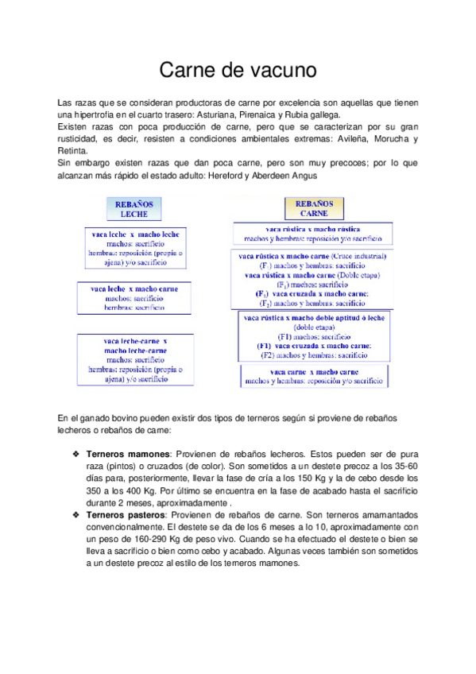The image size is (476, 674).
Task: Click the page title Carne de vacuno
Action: [238, 71]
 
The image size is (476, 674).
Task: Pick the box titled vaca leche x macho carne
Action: [134, 297]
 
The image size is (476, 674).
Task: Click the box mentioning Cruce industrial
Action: [312, 280]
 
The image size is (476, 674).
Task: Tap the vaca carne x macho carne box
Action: [314, 377]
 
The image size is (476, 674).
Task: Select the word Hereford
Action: [228, 175]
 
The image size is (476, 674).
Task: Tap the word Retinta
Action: [74, 150]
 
